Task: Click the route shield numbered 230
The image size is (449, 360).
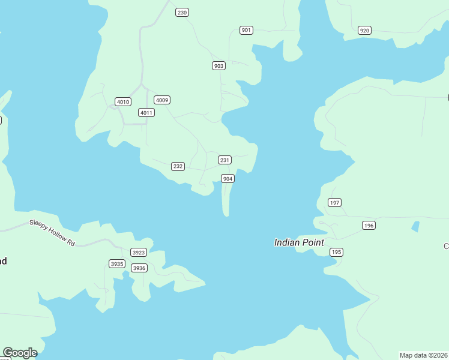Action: pyautogui.click(x=182, y=12)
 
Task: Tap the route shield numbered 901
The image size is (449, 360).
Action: pyautogui.click(x=246, y=30)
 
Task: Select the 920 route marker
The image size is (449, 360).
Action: pyautogui.click(x=364, y=30)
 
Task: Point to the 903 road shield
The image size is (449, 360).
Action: pyautogui.click(x=218, y=65)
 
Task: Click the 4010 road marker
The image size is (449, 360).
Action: pyautogui.click(x=123, y=101)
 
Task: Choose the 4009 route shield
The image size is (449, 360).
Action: pyautogui.click(x=161, y=100)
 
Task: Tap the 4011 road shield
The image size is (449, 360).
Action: pyautogui.click(x=146, y=112)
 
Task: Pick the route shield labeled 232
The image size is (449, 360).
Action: pyautogui.click(x=178, y=166)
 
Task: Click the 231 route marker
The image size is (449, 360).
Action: pyautogui.click(x=224, y=160)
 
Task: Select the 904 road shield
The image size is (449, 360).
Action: pyautogui.click(x=228, y=178)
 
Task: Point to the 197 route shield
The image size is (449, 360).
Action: pyautogui.click(x=334, y=202)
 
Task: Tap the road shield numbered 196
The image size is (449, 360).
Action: pyautogui.click(x=369, y=225)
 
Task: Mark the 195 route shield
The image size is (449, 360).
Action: pyautogui.click(x=336, y=252)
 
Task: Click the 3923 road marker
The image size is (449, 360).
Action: pyautogui.click(x=138, y=252)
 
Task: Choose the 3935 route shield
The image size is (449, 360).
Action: pyautogui.click(x=116, y=263)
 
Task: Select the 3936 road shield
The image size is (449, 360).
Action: pyautogui.click(x=139, y=268)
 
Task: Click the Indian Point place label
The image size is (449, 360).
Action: pyautogui.click(x=299, y=242)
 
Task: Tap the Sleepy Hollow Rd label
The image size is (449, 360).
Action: pyautogui.click(x=52, y=233)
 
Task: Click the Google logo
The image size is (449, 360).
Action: pyautogui.click(x=20, y=352)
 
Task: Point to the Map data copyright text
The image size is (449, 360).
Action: pyautogui.click(x=423, y=355)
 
